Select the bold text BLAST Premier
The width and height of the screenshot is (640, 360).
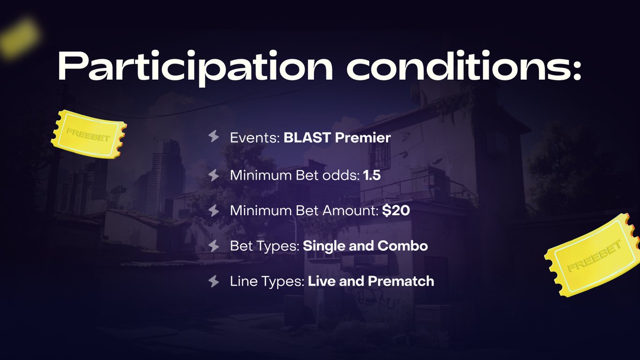(x=337, y=137)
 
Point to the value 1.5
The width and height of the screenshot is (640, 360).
(x=372, y=175)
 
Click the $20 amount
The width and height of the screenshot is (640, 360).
(x=396, y=210)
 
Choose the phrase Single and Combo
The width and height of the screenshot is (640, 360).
(x=365, y=246)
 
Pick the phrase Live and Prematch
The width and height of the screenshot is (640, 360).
(x=371, y=281)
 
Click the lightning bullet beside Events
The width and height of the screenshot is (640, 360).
(x=214, y=136)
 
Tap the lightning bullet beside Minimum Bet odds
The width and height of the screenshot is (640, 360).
(x=214, y=175)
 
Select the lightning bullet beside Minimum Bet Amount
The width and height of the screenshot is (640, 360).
(x=214, y=211)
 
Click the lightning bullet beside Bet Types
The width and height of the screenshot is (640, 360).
(x=214, y=246)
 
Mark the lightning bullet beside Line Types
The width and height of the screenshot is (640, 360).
(x=214, y=281)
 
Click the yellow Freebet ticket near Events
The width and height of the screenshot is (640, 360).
(x=89, y=134)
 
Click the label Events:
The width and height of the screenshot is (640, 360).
(x=255, y=138)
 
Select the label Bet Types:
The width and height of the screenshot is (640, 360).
(x=265, y=247)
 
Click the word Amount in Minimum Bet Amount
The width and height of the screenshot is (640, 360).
(x=350, y=211)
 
